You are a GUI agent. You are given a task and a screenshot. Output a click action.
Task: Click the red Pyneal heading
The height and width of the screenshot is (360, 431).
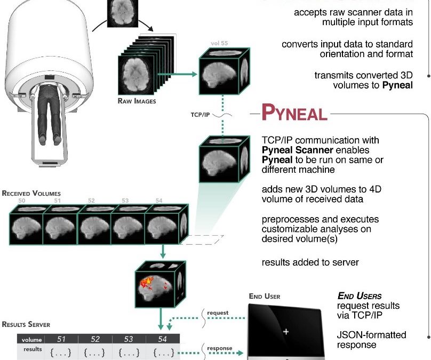coord(294,114)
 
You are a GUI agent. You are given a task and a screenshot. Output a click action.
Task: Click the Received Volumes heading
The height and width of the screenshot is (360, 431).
coord(31,193)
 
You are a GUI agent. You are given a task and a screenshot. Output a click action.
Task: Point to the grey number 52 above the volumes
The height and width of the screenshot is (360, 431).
coord(92,201)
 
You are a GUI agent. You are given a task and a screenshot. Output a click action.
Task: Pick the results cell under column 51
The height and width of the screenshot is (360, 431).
coord(60,352)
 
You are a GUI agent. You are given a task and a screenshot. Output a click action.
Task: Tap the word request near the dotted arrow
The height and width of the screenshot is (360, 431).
coord(218,313)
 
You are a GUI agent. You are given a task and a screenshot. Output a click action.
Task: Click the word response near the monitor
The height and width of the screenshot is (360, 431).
coord(219,348)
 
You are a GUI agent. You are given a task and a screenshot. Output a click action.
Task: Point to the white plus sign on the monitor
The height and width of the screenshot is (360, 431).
coord(286,331)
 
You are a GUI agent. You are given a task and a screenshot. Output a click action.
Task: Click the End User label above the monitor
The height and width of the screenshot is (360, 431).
coord(265,297)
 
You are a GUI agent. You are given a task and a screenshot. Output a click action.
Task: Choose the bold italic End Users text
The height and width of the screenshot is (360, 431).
coord(360,295)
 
